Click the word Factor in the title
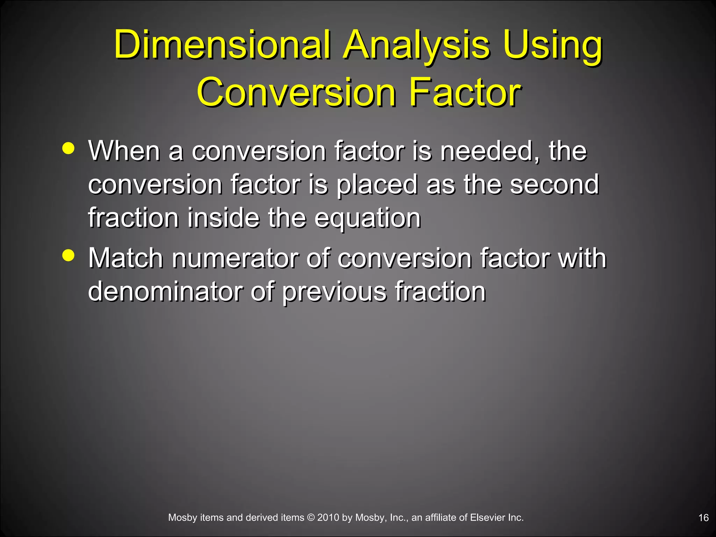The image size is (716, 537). click(x=465, y=92)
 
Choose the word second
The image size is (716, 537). click(x=554, y=184)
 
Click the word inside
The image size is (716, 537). click(x=223, y=218)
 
